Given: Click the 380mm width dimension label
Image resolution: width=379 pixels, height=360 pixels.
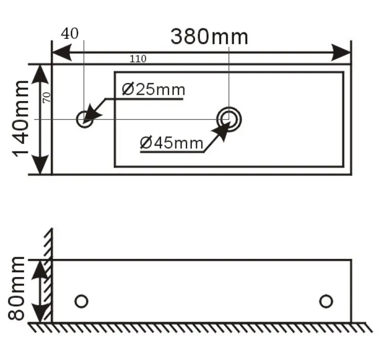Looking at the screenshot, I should click(x=209, y=37).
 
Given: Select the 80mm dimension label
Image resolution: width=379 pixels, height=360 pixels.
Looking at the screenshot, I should click(x=18, y=288).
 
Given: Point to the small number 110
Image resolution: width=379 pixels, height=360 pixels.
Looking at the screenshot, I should click(x=138, y=59).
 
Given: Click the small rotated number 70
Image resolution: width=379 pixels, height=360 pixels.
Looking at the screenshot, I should click(x=46, y=97).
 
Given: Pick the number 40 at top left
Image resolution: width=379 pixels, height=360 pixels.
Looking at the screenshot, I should click(x=70, y=33).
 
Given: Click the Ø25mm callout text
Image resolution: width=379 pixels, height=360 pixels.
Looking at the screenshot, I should click(x=153, y=89).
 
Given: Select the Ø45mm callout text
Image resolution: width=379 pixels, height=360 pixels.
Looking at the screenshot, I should click(x=171, y=142).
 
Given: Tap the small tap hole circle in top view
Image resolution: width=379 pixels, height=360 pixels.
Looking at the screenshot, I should click(x=84, y=119).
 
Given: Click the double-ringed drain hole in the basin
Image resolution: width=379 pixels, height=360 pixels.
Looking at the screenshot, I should click(x=229, y=119).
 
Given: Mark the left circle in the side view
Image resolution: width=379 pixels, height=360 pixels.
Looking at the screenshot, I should click(x=81, y=301).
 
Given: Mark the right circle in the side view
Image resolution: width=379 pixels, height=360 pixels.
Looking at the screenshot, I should click(x=326, y=301).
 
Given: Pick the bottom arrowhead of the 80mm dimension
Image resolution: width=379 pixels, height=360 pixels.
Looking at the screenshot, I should click(x=42, y=314).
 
